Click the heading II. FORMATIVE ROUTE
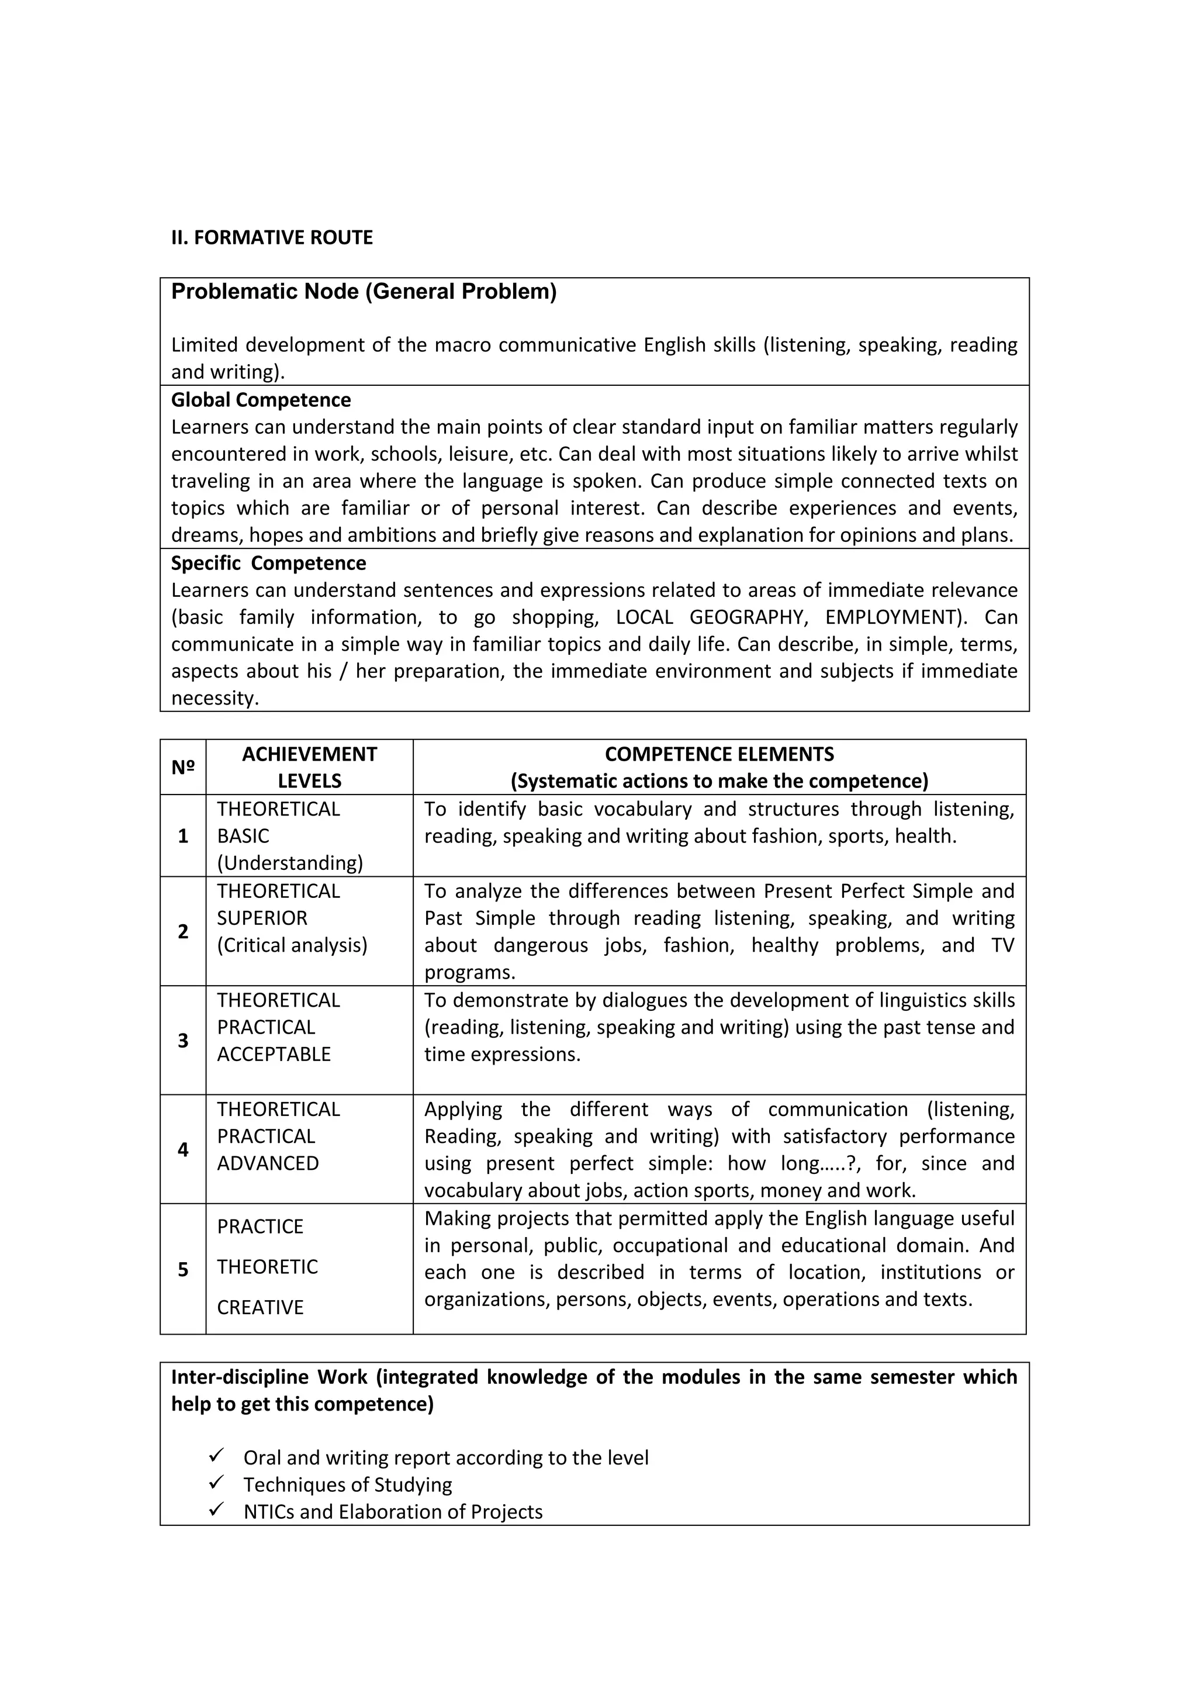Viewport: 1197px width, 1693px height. click(272, 237)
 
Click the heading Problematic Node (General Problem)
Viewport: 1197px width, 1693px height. click(364, 292)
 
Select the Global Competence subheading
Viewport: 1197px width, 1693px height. click(261, 400)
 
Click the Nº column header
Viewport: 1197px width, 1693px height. click(183, 767)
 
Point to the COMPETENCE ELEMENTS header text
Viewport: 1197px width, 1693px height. click(719, 754)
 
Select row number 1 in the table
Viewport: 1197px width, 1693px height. click(183, 835)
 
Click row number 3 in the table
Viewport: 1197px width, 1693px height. click(183, 1041)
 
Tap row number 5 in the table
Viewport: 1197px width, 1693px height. click(183, 1269)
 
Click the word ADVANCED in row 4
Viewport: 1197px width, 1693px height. click(268, 1163)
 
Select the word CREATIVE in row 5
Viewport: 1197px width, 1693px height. click(260, 1307)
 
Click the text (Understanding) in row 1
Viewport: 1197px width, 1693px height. click(290, 863)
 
